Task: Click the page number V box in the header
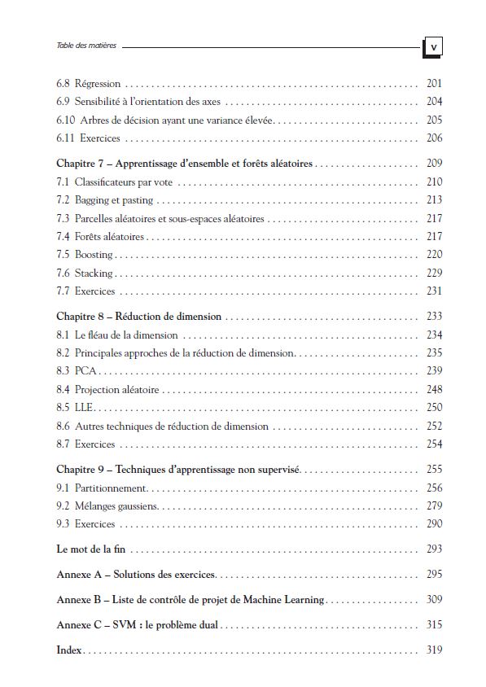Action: point(433,46)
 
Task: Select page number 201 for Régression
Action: point(434,84)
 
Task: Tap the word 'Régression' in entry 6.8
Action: point(98,84)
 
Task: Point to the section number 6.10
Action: point(66,120)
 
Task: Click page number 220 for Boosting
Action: point(434,255)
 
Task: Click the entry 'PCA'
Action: point(85,370)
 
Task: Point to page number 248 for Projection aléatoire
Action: point(434,389)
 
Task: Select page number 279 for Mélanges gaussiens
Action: point(434,505)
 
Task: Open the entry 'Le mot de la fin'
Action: point(93,549)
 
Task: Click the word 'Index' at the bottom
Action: point(70,650)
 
